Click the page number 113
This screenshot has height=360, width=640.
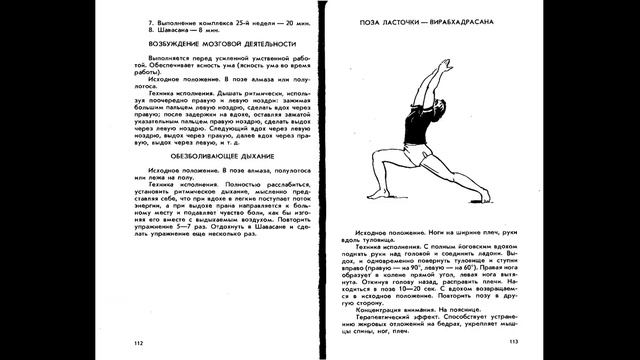514,342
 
